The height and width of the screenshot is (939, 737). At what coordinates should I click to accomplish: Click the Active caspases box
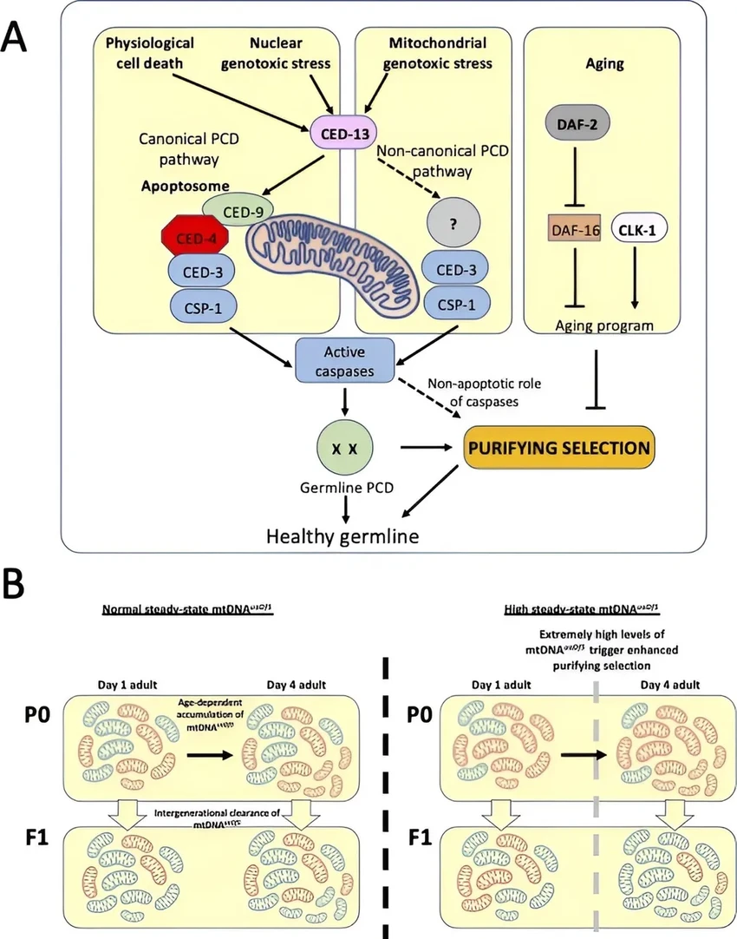(345, 359)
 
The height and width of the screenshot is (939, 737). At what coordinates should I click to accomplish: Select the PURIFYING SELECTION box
(558, 448)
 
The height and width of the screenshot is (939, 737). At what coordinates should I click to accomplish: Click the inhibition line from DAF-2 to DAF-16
(576, 184)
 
